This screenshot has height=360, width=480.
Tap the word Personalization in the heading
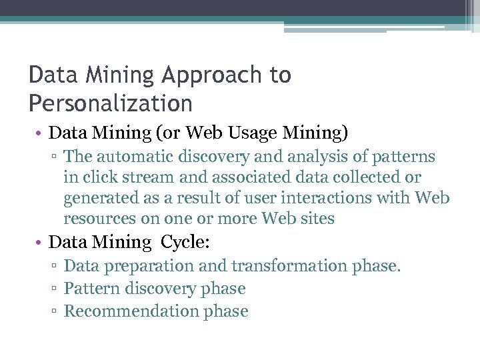click(111, 104)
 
